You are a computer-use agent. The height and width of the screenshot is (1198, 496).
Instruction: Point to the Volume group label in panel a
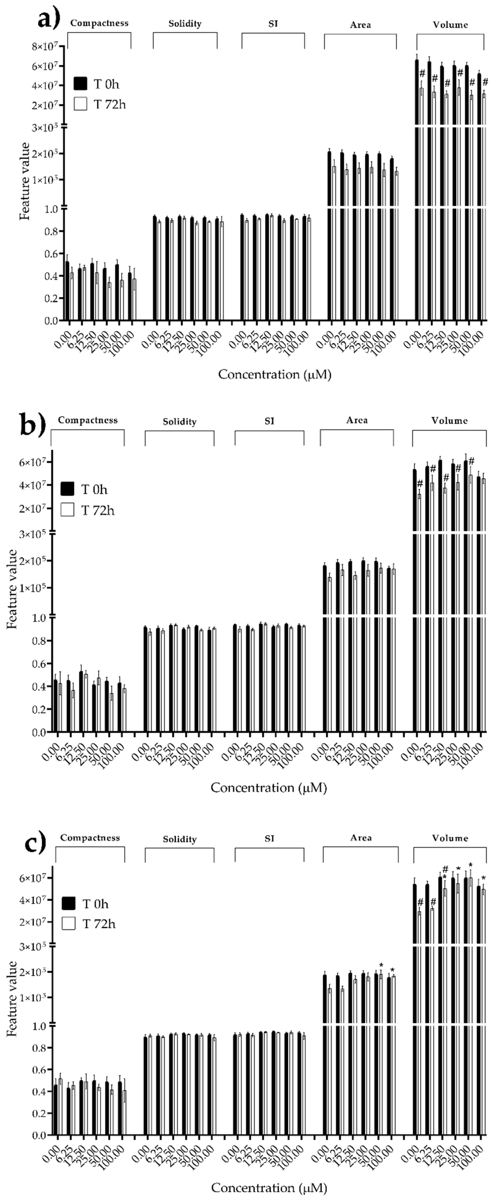450,25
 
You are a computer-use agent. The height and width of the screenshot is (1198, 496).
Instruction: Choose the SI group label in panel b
269,421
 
